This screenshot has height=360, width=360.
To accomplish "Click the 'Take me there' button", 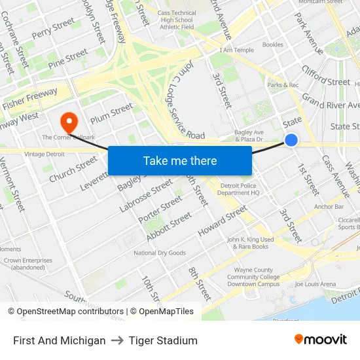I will tap(180, 160).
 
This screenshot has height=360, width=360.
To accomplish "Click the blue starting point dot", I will tap(291, 140).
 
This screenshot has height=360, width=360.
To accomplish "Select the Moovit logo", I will tap(321, 340).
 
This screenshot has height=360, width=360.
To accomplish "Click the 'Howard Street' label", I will tap(223, 221).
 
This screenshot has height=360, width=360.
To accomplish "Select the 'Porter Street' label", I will tap(160, 209).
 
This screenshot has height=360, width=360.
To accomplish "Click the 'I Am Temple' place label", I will tap(236, 50).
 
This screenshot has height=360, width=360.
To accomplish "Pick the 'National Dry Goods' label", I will tap(159, 253).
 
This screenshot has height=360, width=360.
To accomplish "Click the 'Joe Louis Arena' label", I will tap(315, 284).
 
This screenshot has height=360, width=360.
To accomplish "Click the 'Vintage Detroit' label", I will tap(45, 153).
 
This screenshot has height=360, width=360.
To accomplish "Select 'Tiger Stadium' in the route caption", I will tap(163, 340).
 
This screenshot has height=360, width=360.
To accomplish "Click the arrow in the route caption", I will tap(117, 340).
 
